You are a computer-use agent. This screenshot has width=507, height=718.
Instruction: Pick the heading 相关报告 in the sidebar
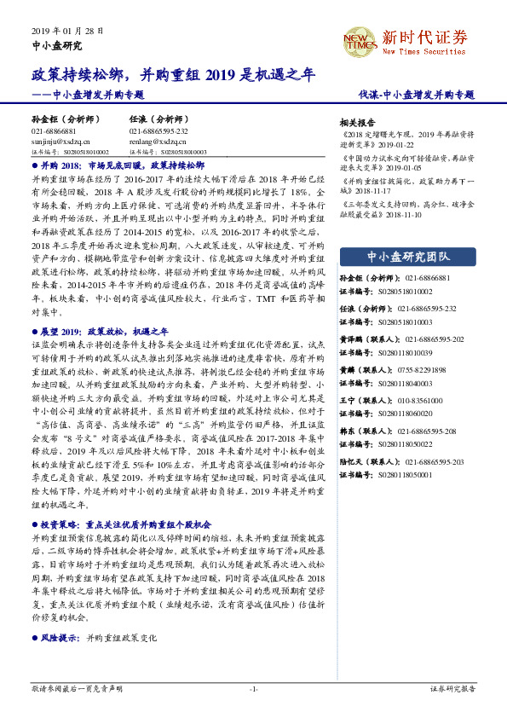[357, 122]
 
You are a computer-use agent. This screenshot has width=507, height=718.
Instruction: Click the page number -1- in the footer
[253, 688]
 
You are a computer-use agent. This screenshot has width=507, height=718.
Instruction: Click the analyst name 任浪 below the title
[139, 119]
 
